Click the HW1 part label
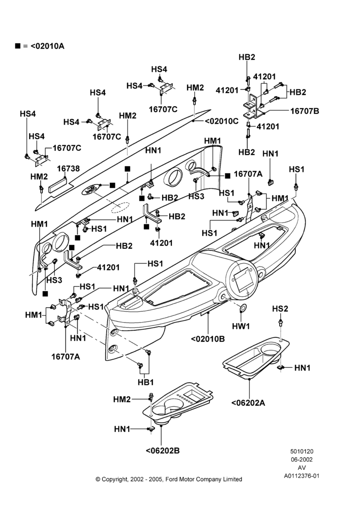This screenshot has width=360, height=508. pos(241,326)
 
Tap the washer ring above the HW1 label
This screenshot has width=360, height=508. pos(243,308)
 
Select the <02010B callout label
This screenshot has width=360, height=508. pos(208,339)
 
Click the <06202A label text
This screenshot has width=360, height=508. pos(249,403)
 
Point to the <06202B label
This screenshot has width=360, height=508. pos(163,451)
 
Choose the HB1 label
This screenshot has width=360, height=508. pos(145,383)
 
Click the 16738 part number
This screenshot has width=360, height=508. pos(69,169)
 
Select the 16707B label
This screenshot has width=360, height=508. pos(305,111)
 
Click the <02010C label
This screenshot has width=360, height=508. pos(222,121)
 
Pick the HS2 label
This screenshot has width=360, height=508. pos(280,309)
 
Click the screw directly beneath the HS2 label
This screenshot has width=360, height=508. pos(280,323)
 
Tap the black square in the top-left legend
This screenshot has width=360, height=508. pos(17,46)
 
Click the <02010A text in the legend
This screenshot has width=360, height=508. pos(47,46)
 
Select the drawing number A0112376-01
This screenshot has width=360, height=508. pos(302,476)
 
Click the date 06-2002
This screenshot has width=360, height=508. pos(302,459)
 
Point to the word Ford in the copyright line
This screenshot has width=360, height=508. pos(171,479)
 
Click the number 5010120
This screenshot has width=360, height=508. pos(302,451)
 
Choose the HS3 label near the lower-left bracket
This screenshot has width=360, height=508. pos(54,280)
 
